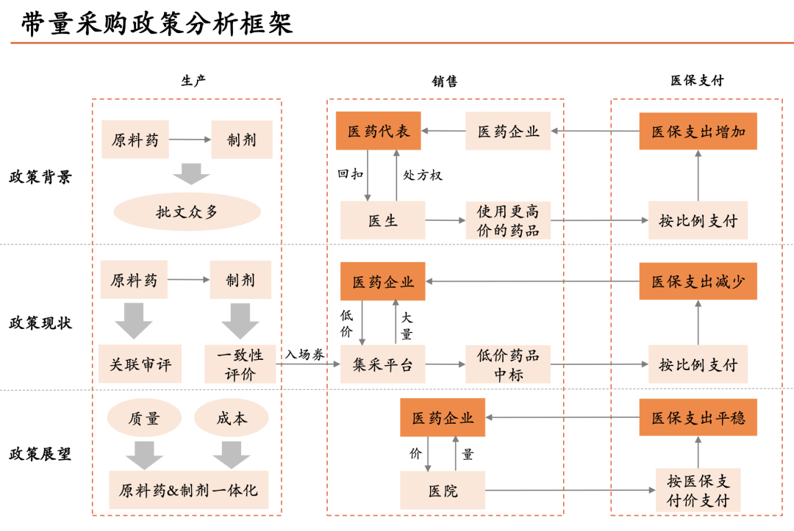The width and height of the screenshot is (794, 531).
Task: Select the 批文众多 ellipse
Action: coord(187,212)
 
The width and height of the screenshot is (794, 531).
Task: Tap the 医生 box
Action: coord(382,220)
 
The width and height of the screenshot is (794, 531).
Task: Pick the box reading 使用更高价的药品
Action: coord(507,220)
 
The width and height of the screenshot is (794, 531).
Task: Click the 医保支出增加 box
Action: coord(698,131)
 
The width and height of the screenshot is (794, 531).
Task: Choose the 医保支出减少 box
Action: coord(698,281)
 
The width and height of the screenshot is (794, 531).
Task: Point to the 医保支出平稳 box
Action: coord(698,418)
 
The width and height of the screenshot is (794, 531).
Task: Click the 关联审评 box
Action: coord(140,364)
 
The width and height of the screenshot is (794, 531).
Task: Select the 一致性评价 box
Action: coord(240,364)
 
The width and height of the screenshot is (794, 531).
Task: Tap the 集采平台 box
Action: coord(382,364)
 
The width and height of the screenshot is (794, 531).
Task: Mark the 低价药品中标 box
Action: coord(507,364)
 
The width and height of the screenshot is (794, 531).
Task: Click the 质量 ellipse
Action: coord(144,419)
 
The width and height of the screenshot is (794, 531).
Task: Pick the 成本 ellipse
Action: coord(232,419)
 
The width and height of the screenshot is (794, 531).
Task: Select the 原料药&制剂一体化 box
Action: coord(188,490)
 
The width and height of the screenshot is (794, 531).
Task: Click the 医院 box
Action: coord(443,490)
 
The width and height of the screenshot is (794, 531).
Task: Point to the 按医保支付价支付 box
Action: coord(698,491)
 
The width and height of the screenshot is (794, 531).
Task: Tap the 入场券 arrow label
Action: coord(304,354)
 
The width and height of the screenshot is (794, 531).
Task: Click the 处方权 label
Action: coord(423,176)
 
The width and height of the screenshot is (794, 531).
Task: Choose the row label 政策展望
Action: coord(40,454)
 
